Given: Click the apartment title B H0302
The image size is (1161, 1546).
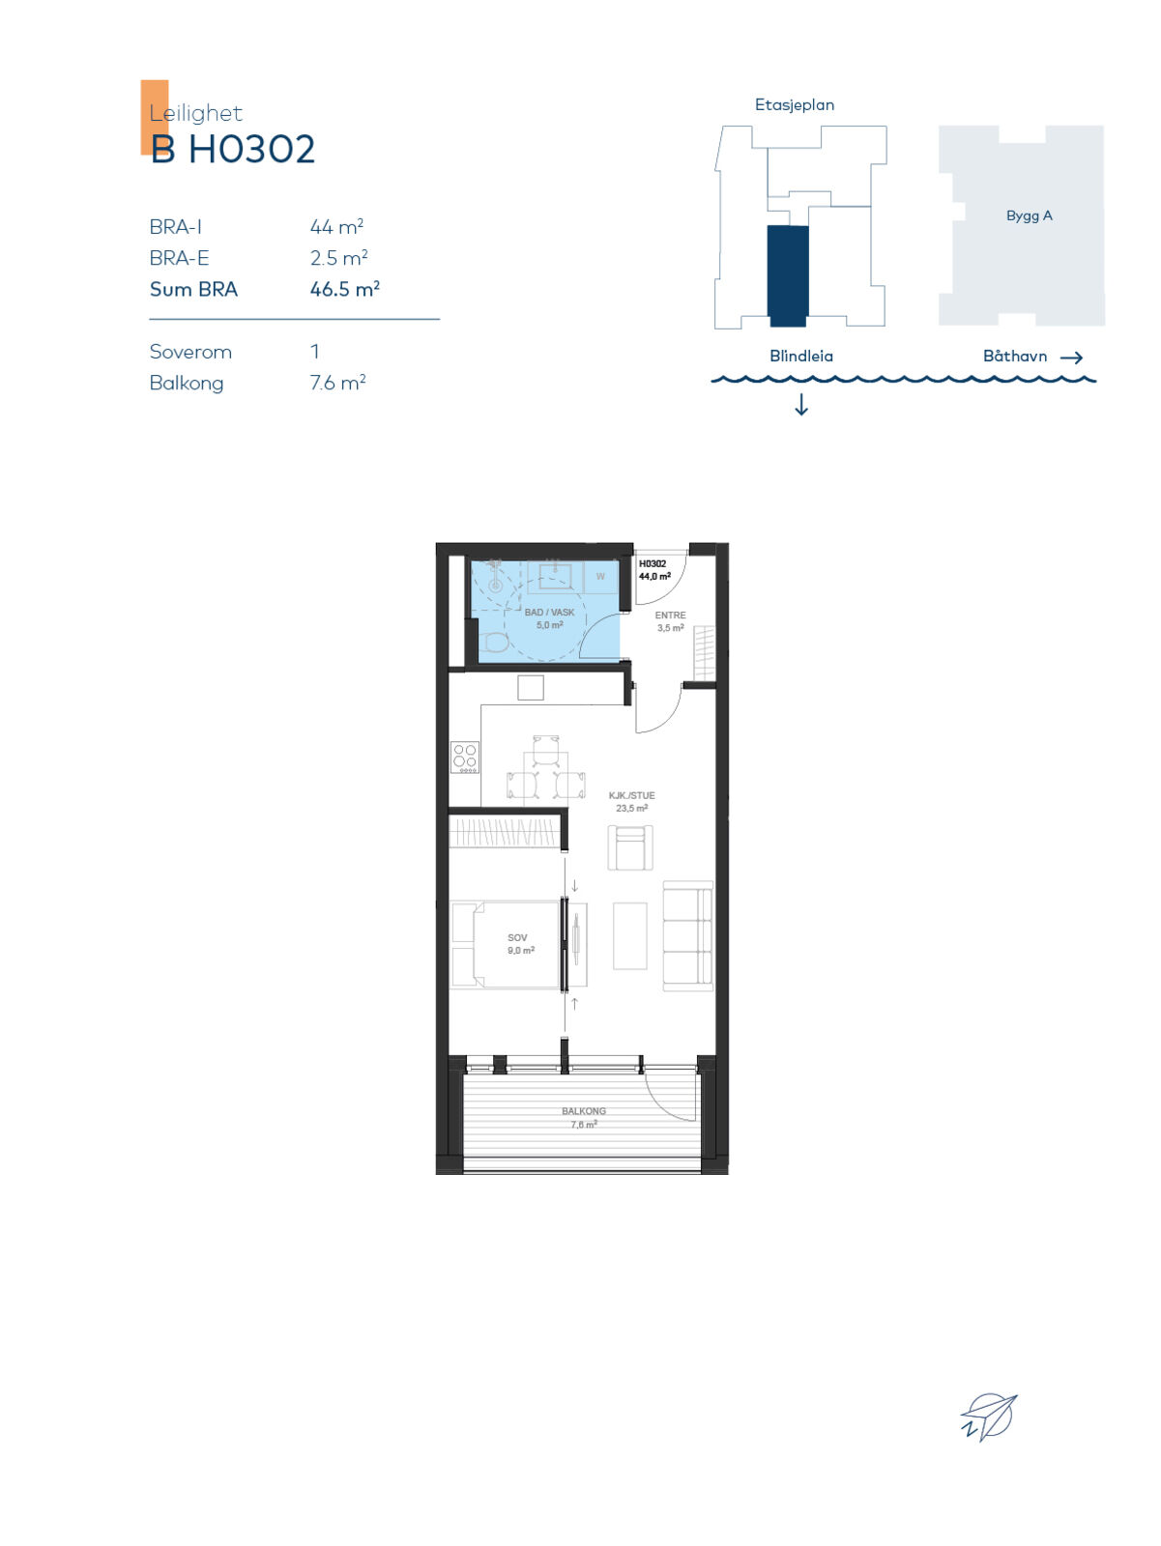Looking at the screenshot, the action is point(232,149).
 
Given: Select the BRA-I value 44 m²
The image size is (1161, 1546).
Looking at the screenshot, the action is point(336,227).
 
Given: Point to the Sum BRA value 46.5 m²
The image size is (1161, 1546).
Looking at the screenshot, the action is point(344,289).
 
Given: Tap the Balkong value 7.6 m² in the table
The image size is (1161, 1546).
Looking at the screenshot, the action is point(337,383).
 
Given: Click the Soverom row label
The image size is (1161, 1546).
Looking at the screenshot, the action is point(190,352).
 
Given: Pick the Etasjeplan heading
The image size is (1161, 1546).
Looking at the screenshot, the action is point(794,105).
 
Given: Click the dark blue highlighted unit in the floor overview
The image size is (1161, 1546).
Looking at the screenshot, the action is point(788,276).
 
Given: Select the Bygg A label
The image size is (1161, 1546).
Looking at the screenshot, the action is point(1029,215).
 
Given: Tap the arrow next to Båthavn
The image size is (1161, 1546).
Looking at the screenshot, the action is point(1071,358).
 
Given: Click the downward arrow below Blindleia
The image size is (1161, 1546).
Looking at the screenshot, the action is point(801,404).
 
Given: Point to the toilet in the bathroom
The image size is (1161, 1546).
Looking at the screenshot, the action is point(497,642).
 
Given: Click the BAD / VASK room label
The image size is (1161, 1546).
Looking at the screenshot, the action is point(549,612).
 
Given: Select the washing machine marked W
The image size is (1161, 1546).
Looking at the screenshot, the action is point(601,576).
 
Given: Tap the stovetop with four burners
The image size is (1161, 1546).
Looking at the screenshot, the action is point(465,758).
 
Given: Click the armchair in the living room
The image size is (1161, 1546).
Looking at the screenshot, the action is point(630,847).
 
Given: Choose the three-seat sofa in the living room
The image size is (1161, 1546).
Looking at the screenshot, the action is point(687,936).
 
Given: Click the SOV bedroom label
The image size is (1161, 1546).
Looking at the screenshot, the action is point(517,937).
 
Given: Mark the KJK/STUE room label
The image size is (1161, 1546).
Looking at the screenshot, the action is point(632,795).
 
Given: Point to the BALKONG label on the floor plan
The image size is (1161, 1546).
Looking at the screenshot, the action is point(583,1111).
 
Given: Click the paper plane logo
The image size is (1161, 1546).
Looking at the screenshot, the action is point(989,1417).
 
